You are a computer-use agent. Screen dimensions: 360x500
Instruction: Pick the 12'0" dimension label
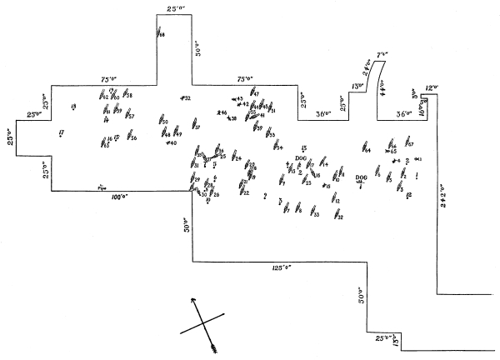432,87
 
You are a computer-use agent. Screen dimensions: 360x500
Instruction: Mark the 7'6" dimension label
383,55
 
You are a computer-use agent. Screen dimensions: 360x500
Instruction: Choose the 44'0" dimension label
382,86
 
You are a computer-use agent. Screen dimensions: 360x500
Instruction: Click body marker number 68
160,33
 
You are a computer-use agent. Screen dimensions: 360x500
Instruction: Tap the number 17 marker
62,132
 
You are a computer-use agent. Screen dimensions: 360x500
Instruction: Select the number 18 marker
74,106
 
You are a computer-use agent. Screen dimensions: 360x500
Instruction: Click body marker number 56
131,137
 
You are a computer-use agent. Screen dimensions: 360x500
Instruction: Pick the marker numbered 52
185,98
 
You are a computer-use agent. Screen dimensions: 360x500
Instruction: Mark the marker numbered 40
171,142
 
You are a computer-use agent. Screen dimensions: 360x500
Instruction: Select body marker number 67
409,144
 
